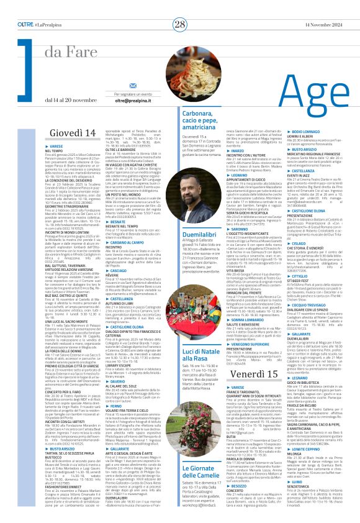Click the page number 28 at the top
(x=179, y=7)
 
